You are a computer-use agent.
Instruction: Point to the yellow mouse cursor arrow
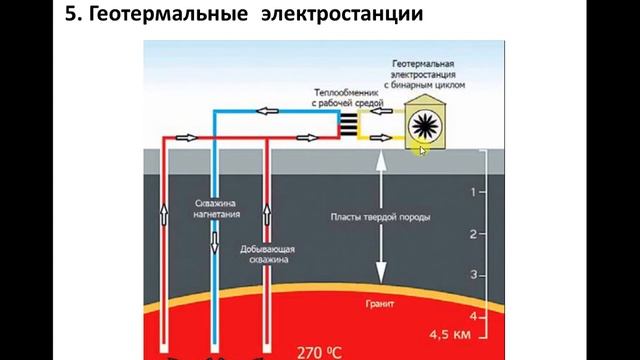(x=422, y=150)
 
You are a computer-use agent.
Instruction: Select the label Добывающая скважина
(x=265, y=253)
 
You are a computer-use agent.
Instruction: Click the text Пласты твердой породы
(x=381, y=216)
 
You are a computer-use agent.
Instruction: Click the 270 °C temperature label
(x=319, y=351)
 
